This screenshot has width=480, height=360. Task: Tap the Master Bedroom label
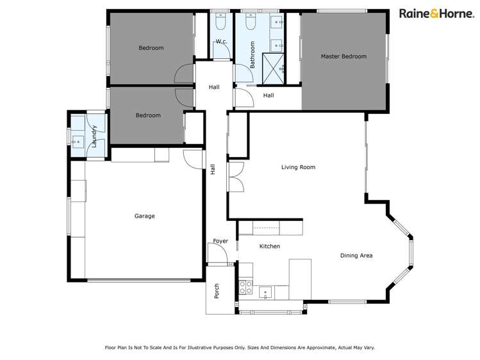343,56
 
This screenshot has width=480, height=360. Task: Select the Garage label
144,216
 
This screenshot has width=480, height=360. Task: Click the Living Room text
298,167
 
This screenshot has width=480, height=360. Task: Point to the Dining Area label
356,256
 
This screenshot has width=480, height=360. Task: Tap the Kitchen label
269,246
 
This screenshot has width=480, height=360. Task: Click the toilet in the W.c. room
220,24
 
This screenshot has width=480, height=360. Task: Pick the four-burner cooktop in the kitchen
245,287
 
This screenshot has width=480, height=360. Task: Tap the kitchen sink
267,293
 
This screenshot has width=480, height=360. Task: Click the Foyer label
220,241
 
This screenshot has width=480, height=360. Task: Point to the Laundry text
94,136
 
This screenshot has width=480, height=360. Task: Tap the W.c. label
222,42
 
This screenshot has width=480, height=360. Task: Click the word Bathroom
252,55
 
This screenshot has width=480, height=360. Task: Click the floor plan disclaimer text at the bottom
240,347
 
